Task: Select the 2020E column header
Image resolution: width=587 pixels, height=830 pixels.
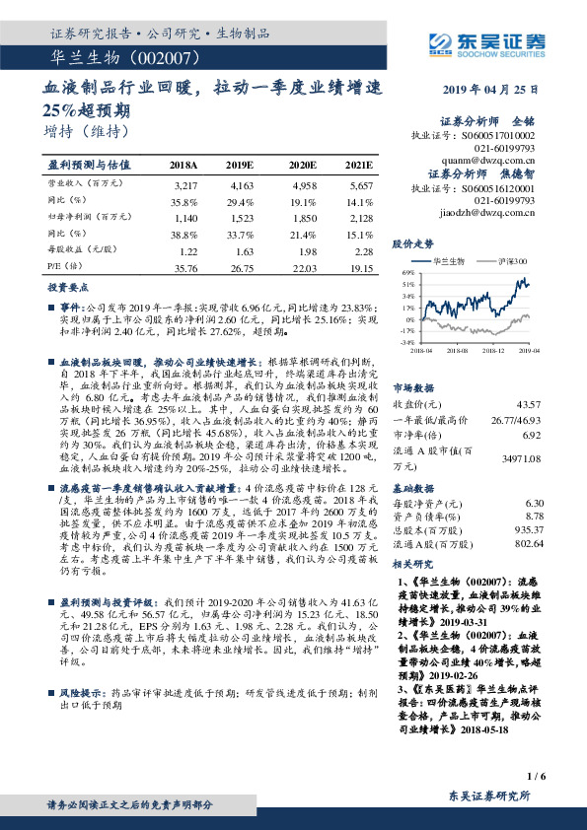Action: tap(302, 165)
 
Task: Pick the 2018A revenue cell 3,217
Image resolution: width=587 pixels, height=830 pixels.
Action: tap(185, 185)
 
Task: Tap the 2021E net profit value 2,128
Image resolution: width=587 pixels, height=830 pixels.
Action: tap(361, 216)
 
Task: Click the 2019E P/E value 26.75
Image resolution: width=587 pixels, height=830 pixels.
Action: tap(243, 268)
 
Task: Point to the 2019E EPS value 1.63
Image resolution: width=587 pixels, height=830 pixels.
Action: tap(245, 252)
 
